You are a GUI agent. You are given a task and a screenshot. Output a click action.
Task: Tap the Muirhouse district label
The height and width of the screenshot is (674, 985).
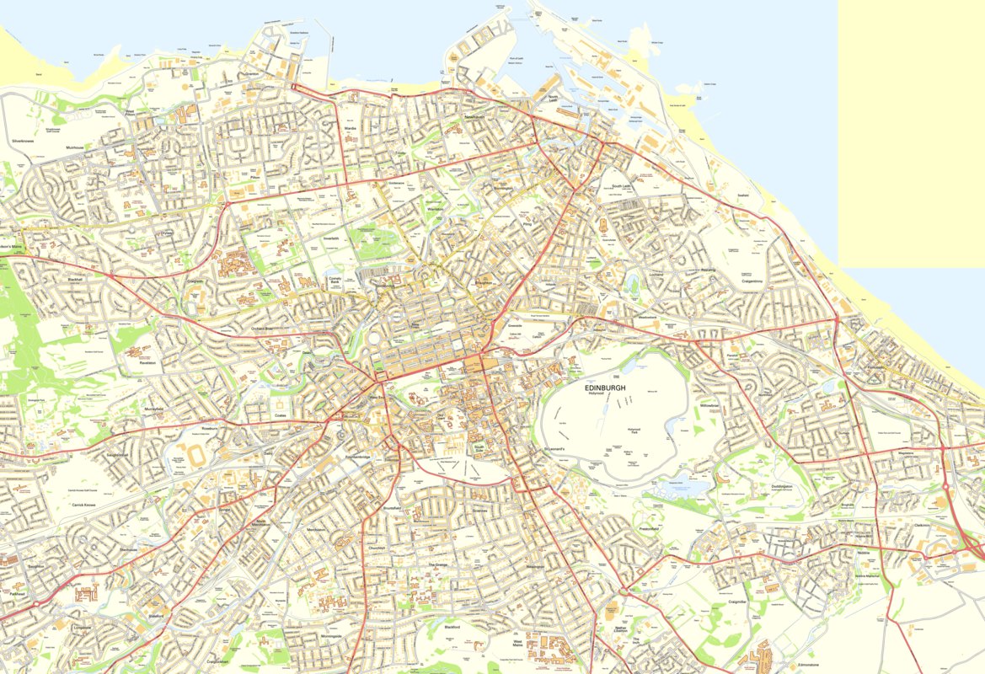[76, 147]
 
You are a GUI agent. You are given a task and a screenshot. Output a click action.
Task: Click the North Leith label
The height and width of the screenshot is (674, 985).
[553, 99]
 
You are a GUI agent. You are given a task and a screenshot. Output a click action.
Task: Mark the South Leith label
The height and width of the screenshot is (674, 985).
[622, 186]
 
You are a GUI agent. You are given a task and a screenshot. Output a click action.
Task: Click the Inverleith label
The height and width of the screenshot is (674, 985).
[331, 238]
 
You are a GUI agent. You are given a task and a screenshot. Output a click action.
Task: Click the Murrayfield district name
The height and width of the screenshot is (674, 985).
[153, 408]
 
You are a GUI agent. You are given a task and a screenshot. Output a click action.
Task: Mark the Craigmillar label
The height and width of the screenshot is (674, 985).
[737, 602]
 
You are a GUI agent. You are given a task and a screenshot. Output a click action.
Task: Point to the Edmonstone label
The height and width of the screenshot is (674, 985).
[807, 665]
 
